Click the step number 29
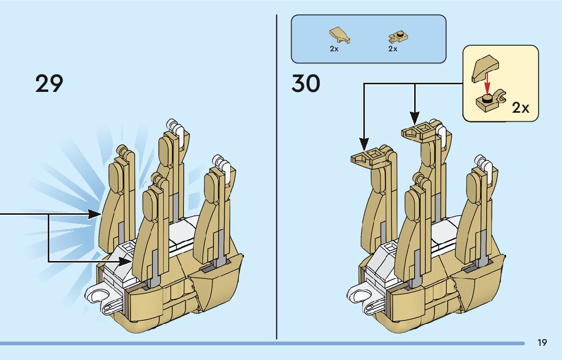[49, 84]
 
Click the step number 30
[306, 84]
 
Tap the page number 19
[542, 343]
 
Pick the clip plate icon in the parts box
[399, 37]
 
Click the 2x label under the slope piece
[334, 49]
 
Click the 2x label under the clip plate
[392, 49]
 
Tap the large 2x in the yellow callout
[520, 108]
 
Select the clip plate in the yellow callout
[489, 101]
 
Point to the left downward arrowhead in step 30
[364, 141]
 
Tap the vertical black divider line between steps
[277, 178]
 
